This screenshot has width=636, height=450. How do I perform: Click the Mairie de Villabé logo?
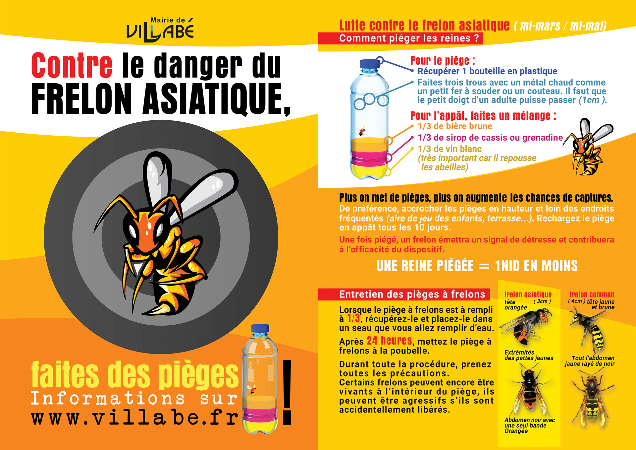click(160, 30)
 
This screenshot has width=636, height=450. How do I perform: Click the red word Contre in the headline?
click(72, 65)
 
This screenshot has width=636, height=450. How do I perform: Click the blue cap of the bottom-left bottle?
click(260, 329)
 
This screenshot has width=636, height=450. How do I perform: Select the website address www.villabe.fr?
click(134, 418)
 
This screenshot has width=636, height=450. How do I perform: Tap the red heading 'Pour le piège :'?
click(442, 61)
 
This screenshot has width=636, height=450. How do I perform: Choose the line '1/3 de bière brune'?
click(455, 126)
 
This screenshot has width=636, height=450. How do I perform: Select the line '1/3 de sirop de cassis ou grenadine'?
click(490, 138)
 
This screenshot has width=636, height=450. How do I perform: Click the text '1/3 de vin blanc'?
click(450, 149)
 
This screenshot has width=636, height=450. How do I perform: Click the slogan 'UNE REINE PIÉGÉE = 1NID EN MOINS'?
click(477, 266)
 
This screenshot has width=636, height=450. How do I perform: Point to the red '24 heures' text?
click(389, 341)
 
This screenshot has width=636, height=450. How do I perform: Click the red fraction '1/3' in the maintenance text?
click(353, 318)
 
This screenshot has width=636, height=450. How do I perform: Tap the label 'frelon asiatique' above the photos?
click(528, 294)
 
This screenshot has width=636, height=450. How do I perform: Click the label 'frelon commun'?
click(592, 294)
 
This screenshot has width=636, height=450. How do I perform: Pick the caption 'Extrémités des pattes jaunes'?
click(529, 355)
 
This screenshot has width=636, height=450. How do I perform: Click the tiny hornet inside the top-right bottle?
click(362, 132)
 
